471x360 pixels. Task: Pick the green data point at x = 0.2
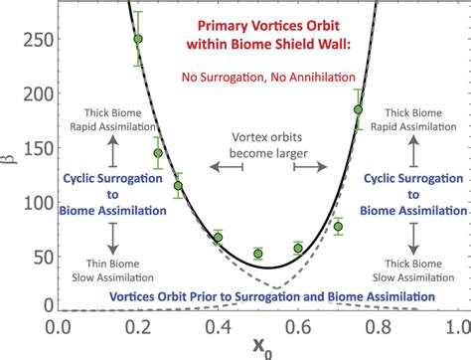138,39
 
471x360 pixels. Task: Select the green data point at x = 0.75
358,109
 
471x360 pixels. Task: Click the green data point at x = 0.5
258,254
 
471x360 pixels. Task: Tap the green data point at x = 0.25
158,152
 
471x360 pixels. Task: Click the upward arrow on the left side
112,152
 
